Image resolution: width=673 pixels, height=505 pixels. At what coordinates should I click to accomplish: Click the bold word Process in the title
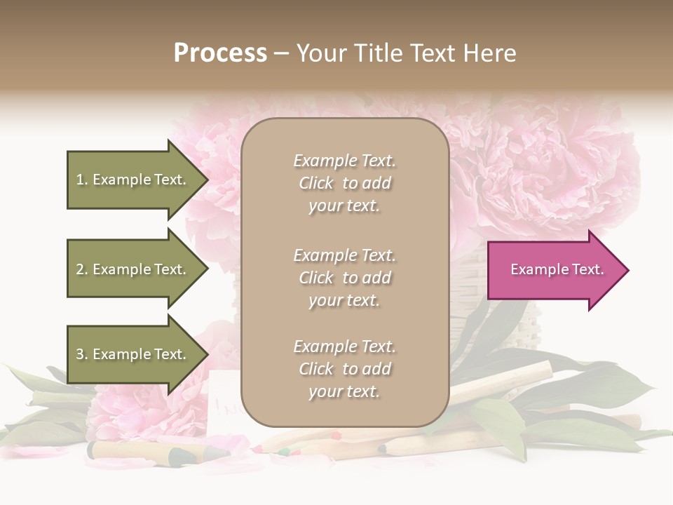click(220, 53)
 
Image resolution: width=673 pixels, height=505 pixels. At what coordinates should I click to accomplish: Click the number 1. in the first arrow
click(82, 180)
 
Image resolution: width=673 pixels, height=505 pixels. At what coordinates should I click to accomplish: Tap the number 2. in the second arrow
click(82, 269)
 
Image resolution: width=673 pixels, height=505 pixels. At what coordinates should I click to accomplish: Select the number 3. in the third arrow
click(82, 354)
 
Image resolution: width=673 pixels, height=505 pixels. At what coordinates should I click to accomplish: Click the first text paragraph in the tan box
click(344, 183)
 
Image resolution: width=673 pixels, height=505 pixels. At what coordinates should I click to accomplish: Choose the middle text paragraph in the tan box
click(344, 278)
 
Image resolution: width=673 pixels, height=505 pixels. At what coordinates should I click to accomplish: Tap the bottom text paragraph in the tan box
click(344, 369)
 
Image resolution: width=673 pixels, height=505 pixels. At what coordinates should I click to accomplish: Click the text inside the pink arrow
click(557, 269)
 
